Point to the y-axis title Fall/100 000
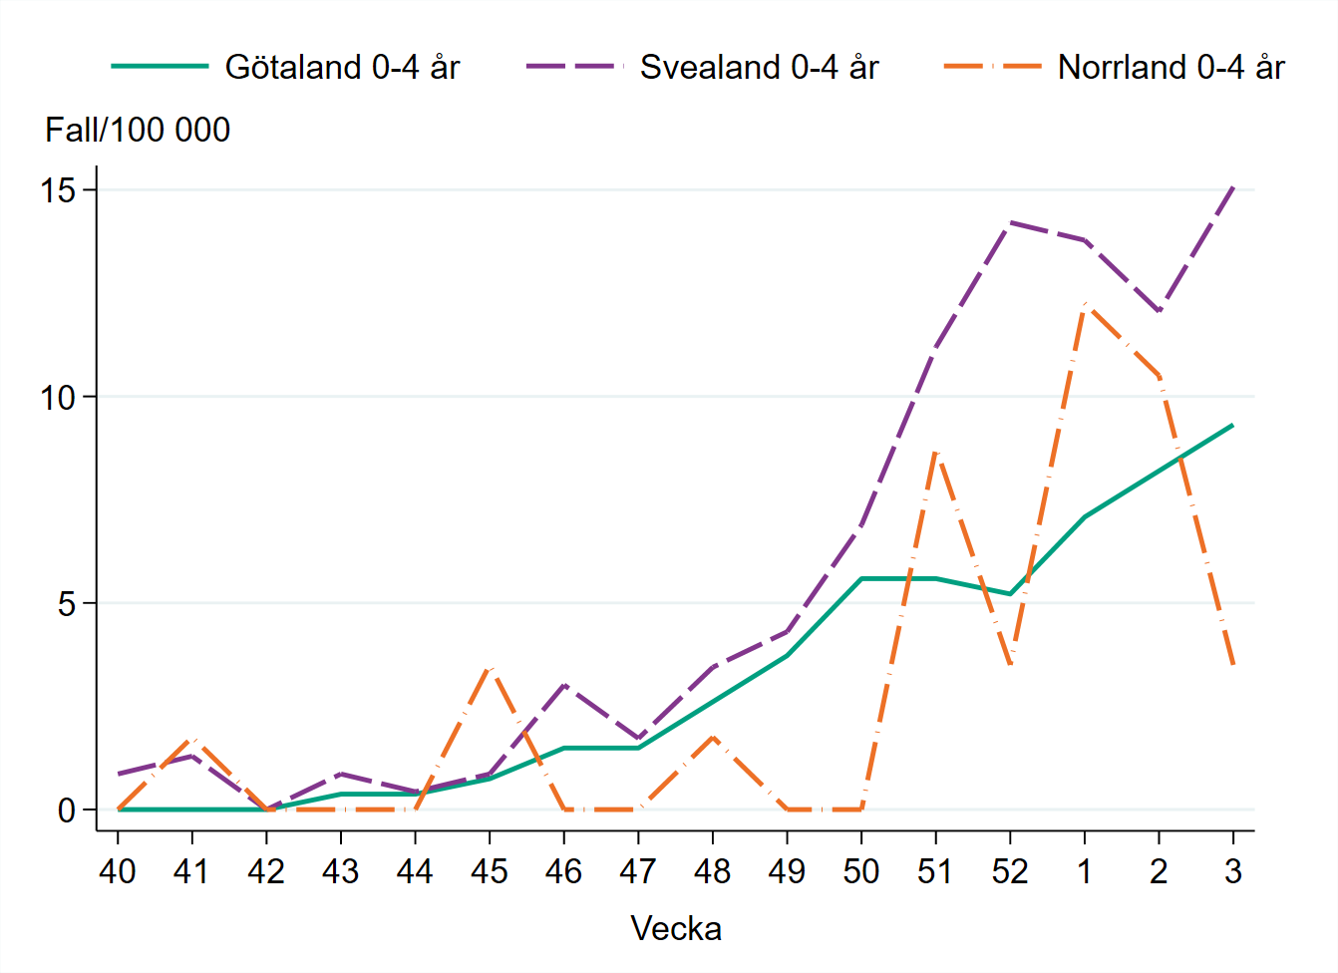pos(138,130)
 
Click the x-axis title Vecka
pos(676,928)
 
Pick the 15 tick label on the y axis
pos(59,190)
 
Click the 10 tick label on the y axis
pos(59,397)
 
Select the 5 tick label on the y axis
pos(67,603)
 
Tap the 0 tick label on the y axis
pos(67,810)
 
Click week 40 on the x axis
pos(118,871)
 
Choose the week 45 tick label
pos(490,871)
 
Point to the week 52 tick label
pos(1010,871)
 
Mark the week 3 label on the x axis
pos(1233,871)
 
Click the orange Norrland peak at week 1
pos(1085,304)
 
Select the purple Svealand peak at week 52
pos(1010,222)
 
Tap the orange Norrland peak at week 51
pos(935,452)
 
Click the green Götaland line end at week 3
pos(1233,425)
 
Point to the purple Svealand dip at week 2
pos(1159,312)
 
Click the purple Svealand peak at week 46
pos(564,685)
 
